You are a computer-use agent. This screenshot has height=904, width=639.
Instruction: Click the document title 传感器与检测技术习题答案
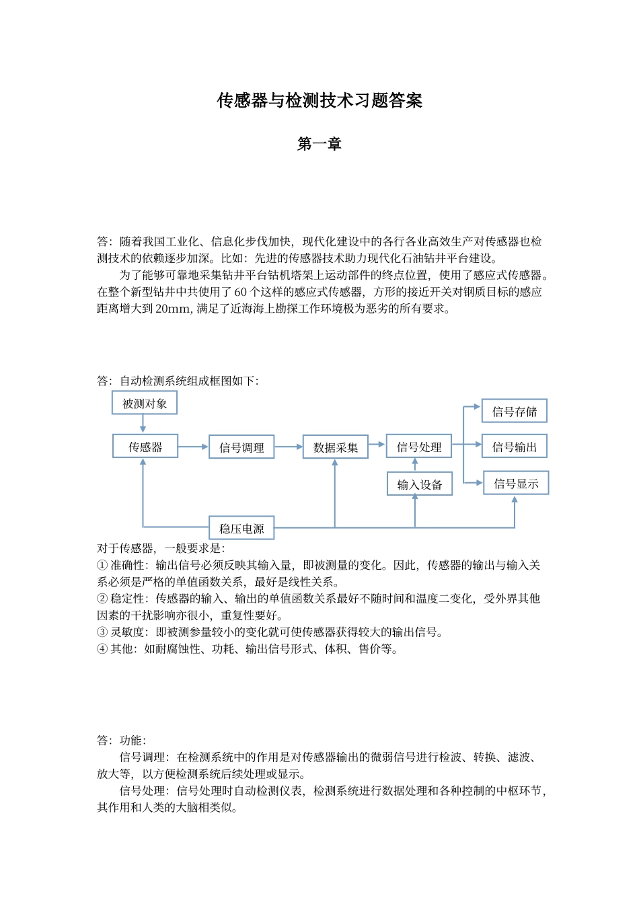coord(319,101)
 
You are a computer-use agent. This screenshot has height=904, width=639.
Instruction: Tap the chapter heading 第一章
coord(319,144)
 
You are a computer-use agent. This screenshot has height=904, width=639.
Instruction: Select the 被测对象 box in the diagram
coord(145,404)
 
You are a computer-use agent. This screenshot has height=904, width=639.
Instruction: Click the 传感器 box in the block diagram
coord(145,447)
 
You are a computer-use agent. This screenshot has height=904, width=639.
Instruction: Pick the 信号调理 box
coord(241,448)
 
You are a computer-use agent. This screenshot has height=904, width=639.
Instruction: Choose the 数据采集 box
coord(335,448)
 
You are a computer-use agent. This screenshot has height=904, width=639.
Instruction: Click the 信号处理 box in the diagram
coord(418,447)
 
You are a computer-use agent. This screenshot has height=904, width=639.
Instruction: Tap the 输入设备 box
coord(420,484)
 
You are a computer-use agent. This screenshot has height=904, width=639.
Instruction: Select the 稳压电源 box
coord(241,529)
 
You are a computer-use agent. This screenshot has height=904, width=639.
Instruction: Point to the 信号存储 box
coord(515,412)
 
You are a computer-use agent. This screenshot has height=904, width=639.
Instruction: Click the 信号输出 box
coord(515,447)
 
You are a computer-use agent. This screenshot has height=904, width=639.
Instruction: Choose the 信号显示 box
coord(516,484)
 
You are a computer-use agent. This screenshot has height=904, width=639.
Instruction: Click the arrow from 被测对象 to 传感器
coord(143,424)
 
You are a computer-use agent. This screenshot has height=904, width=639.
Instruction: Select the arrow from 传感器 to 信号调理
coord(194,447)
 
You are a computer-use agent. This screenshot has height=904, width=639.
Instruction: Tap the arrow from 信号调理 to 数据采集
coord(289,447)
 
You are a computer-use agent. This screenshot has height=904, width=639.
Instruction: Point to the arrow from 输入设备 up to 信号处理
coord(415,465)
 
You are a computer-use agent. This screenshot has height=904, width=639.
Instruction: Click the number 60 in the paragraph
coord(241,292)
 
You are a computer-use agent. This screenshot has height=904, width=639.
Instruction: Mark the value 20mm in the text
coord(173,309)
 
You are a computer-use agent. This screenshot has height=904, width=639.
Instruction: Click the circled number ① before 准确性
coord(102,566)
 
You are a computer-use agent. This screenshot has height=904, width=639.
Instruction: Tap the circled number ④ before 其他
coord(102,649)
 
